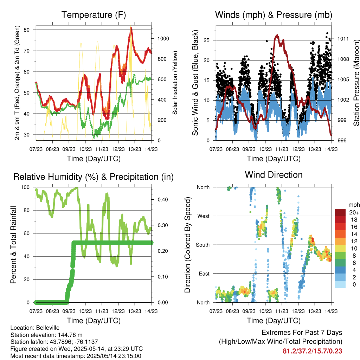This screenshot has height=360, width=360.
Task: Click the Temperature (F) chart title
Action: tap(94, 15)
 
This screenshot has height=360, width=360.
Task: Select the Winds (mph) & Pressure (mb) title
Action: tap(274, 15)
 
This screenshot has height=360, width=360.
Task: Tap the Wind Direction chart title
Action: tap(274, 174)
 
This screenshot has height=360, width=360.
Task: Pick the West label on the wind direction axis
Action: tap(203, 216)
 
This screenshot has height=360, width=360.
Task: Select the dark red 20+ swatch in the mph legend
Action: tap(340, 212)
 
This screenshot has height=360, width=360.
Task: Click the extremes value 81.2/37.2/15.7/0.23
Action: tap(312, 351)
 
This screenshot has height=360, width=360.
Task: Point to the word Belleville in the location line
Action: tap(46, 328)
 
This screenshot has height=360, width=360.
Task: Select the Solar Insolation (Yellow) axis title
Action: tap(175, 83)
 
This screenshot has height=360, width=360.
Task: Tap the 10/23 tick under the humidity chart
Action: tap(85, 311)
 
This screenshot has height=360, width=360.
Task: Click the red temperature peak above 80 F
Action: tap(131, 27)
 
